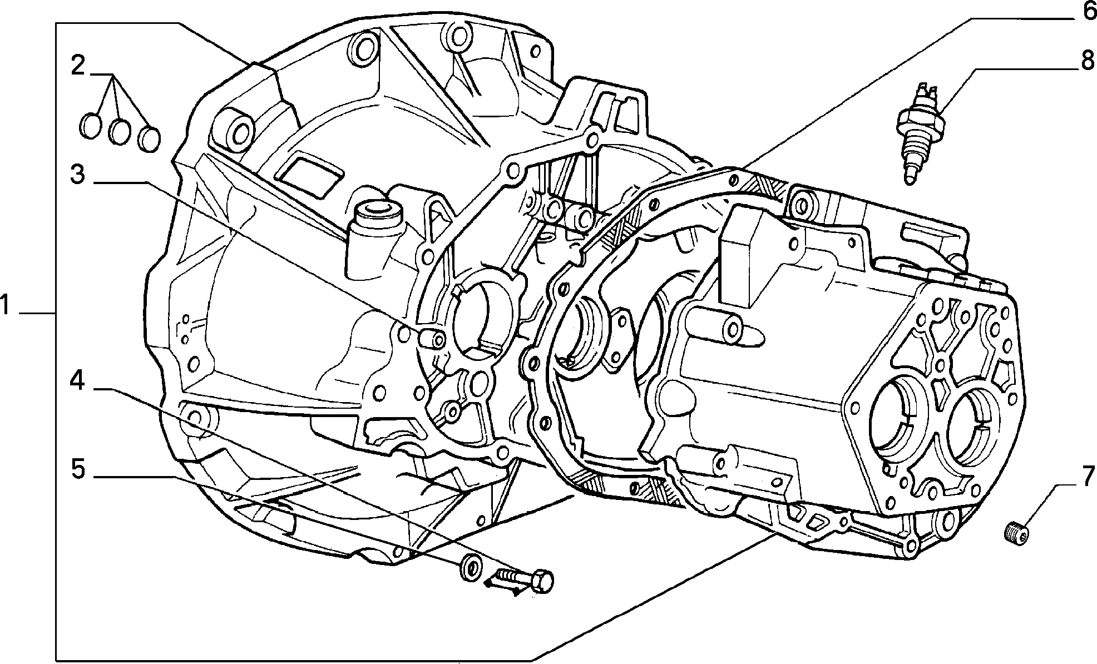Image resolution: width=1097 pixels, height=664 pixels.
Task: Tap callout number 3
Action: [77, 174]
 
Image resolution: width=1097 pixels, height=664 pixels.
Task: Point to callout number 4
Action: [77, 381]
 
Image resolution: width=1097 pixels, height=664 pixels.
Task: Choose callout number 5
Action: [77, 469]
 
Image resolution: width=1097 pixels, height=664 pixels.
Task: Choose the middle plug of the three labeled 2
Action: [120, 132]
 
